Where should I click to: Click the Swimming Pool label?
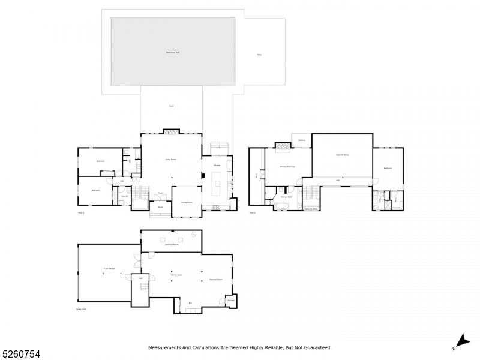coord(173,52)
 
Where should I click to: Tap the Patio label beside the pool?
coord(259,55)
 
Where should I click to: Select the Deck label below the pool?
coord(171,106)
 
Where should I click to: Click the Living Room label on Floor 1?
coord(171,160)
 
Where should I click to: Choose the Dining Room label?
coord(187,202)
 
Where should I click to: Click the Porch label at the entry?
coord(161,207)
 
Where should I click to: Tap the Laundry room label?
coord(125,196)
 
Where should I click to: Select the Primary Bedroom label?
coord(288,166)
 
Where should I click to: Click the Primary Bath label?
coord(286,197)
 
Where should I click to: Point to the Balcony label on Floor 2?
coord(302,140)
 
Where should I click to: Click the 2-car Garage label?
coord(109,269)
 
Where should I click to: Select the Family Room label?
coord(176,275)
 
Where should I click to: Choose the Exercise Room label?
coord(216,280)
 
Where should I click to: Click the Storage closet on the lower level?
coord(231,300)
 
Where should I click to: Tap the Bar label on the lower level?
coord(190,302)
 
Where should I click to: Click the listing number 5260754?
coord(21,354)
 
